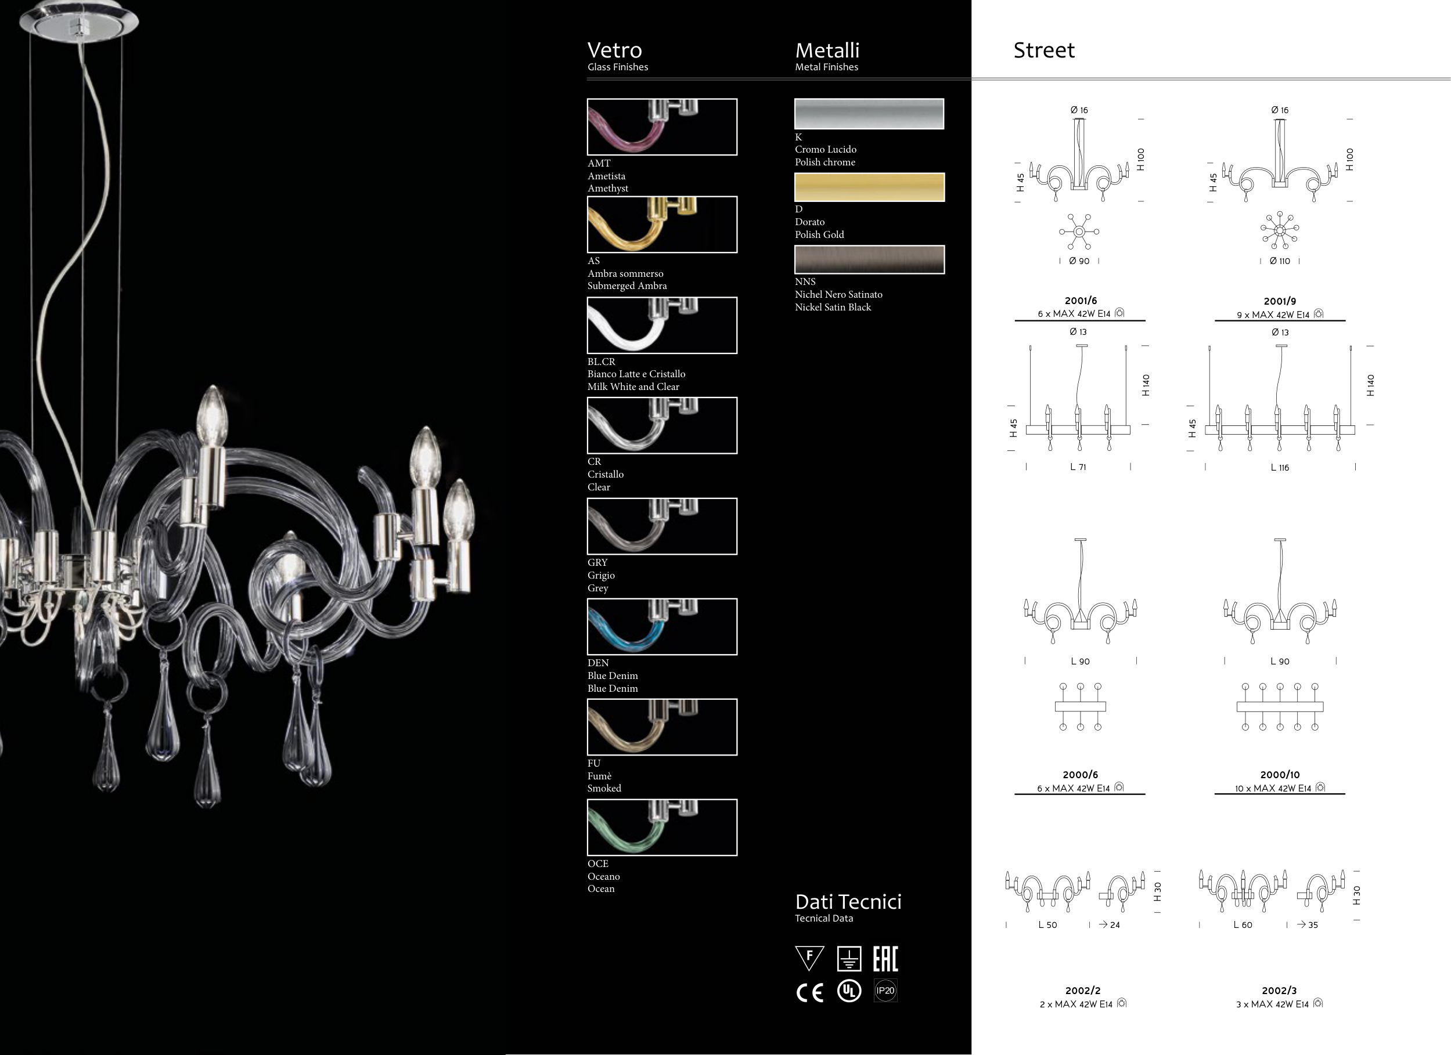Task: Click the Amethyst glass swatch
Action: (x=662, y=127)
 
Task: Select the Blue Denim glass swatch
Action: (x=662, y=627)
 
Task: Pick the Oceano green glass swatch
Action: (x=662, y=828)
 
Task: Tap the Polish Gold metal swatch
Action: (x=869, y=187)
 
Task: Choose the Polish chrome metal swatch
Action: (x=869, y=114)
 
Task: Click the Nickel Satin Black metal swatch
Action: (x=869, y=259)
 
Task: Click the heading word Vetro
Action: (x=614, y=50)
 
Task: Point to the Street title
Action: (x=1044, y=50)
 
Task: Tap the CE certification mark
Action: (x=809, y=992)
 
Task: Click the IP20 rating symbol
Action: (x=885, y=991)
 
